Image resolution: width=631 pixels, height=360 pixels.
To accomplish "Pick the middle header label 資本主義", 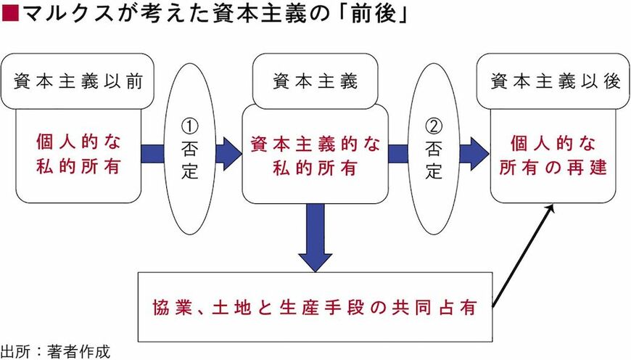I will click(x=315, y=81).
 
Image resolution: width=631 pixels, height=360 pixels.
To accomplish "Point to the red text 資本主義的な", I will click(x=315, y=144).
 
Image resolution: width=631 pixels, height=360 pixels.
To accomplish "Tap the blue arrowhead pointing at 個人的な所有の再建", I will click(x=477, y=154).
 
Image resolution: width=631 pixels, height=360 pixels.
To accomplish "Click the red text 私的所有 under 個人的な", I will click(x=78, y=168).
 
